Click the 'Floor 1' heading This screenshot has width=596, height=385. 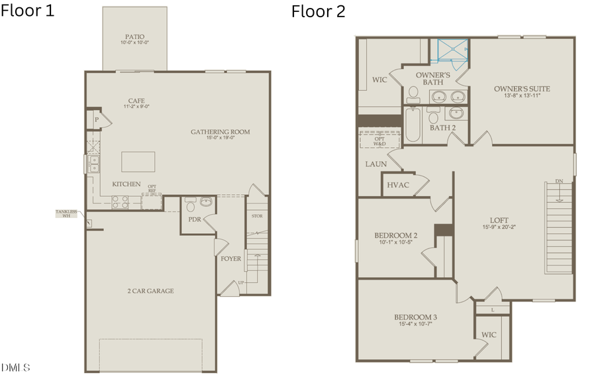(27, 11)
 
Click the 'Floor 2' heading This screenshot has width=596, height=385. (318, 11)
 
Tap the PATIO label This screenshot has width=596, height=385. (134, 37)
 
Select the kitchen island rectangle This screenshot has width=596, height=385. (138, 162)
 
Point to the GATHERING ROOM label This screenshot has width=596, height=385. (221, 132)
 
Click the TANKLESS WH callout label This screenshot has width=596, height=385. (66, 213)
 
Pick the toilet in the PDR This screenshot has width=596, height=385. (190, 203)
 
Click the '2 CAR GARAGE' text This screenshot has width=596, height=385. (152, 291)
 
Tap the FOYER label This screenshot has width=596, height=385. (231, 258)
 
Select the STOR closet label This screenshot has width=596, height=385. (257, 216)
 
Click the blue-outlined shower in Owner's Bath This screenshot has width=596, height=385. (450, 51)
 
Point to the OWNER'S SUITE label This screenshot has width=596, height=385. (522, 89)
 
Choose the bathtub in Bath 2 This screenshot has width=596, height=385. (413, 125)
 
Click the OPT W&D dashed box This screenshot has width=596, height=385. (379, 141)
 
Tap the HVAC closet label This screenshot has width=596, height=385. (398, 186)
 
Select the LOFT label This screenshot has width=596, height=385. (499, 220)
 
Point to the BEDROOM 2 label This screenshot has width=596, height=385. (396, 235)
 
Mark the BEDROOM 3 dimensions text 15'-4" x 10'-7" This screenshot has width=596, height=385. (415, 325)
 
